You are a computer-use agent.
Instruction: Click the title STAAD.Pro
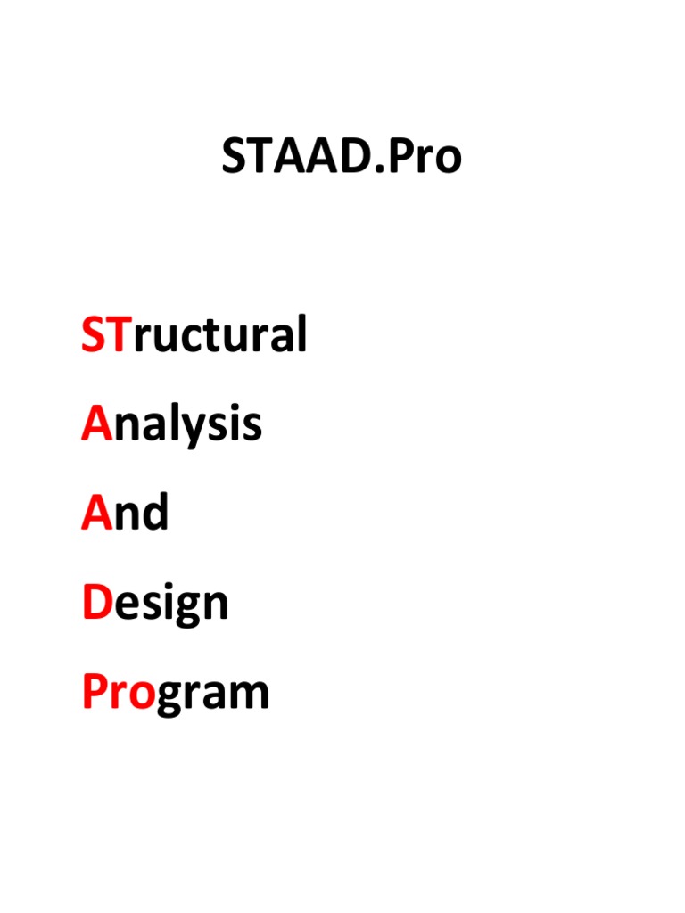click(x=342, y=158)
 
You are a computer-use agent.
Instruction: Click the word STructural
click(x=194, y=335)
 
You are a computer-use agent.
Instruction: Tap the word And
click(x=125, y=514)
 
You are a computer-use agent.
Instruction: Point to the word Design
click(x=155, y=605)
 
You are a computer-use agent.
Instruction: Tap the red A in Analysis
click(x=95, y=424)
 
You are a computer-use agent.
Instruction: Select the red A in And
click(x=95, y=514)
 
